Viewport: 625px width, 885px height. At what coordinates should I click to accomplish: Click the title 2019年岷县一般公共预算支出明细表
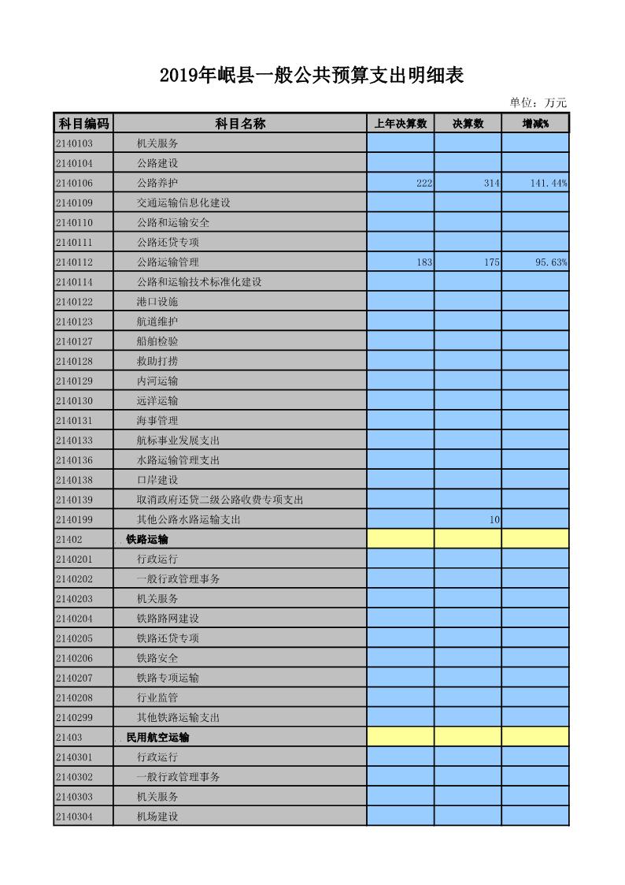tap(311, 76)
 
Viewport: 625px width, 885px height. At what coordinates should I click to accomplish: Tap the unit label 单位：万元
tap(538, 102)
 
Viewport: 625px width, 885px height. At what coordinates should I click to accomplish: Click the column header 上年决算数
tap(400, 124)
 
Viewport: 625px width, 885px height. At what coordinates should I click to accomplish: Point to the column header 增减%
tap(535, 124)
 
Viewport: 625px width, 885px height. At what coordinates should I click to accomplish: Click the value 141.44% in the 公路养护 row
tap(549, 183)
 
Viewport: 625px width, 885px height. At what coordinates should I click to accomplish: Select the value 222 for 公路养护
tap(424, 183)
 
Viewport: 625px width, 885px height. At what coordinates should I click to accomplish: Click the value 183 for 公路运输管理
tap(424, 262)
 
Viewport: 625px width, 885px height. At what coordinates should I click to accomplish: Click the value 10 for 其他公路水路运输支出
tap(494, 519)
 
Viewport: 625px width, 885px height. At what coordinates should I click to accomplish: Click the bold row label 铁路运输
tap(147, 540)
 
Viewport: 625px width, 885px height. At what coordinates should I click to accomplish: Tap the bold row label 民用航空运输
tap(157, 738)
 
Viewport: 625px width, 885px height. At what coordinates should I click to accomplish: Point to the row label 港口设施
tap(157, 302)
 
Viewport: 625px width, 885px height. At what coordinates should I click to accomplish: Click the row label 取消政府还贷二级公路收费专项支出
tap(220, 500)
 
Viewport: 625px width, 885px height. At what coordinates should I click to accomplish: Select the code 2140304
tap(74, 816)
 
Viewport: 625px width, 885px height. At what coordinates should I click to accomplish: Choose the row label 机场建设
tap(157, 816)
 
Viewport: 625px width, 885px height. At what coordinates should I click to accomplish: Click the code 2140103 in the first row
tap(74, 143)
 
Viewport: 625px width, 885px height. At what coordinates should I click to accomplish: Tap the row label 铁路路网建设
tap(168, 619)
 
